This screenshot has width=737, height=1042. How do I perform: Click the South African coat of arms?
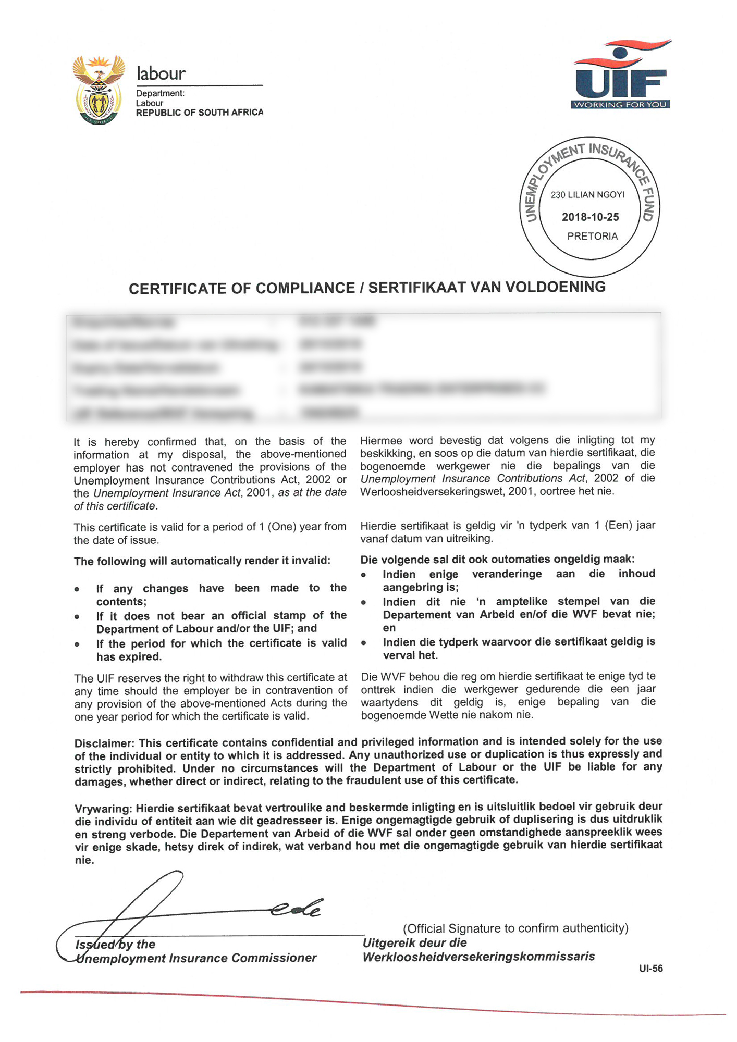tap(99, 90)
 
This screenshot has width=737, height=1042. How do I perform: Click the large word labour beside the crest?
tap(161, 73)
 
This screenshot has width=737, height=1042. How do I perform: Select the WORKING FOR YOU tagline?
tap(620, 105)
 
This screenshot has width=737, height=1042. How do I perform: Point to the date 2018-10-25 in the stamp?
tap(590, 217)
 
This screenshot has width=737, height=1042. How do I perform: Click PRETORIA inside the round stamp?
tap(592, 237)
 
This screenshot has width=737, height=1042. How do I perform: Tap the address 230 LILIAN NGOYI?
tap(587, 195)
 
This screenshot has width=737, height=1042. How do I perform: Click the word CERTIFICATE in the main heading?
tap(178, 289)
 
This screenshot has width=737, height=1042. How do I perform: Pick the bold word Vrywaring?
tap(103, 809)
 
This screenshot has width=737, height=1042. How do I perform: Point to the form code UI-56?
tap(650, 969)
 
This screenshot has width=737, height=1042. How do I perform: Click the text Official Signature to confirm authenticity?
tap(515, 928)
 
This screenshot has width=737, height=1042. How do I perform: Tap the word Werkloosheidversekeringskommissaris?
tap(478, 957)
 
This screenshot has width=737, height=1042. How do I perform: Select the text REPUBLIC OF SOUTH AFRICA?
tap(199, 113)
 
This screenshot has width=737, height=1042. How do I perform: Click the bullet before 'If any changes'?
tap(77, 589)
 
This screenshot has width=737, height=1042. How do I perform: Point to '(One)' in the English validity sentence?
tap(282, 527)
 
